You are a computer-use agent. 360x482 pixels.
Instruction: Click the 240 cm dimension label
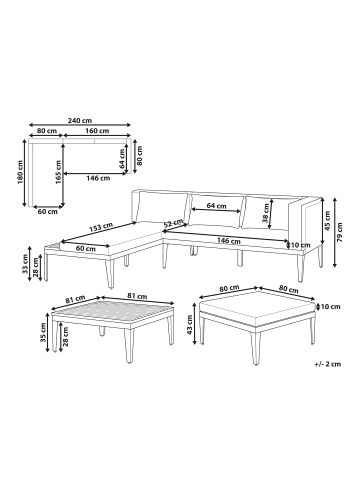(80, 120)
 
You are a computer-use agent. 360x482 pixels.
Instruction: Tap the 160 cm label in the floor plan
(97, 131)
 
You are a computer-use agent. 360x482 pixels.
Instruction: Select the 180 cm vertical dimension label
(20, 172)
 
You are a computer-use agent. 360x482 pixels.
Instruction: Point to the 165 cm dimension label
(58, 172)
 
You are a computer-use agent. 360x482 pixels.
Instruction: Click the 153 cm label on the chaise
(101, 228)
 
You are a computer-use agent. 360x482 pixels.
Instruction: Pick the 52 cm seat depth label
(173, 223)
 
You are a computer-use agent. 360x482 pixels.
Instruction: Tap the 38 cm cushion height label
(266, 213)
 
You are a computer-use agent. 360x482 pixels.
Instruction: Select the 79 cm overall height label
(339, 233)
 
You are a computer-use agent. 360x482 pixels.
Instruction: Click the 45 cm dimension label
(327, 221)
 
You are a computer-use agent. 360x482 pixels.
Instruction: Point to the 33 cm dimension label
(25, 264)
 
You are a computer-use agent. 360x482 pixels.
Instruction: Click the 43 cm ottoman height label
(189, 325)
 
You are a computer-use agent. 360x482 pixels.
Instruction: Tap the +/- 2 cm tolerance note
(327, 364)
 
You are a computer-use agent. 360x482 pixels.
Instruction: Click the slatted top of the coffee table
(113, 312)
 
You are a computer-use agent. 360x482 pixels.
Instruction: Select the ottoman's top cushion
(257, 307)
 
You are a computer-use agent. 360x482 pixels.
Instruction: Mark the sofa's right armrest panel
(306, 222)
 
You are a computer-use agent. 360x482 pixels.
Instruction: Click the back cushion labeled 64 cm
(216, 211)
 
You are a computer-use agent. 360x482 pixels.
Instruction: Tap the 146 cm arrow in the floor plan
(94, 173)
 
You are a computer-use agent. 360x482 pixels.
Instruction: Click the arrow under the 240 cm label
(80, 125)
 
